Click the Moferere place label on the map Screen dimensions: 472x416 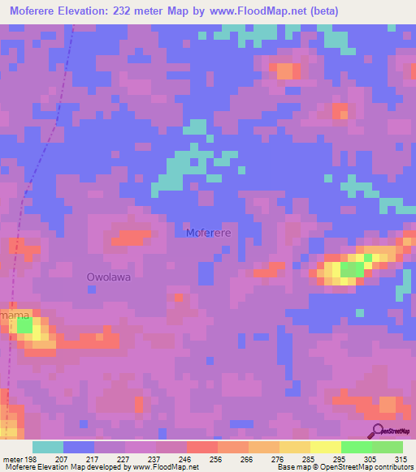point(209,233)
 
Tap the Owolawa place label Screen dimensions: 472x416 point(109,277)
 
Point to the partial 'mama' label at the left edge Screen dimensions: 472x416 point(15,314)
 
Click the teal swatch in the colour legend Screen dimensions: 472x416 point(48,447)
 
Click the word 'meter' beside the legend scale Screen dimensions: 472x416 point(13,458)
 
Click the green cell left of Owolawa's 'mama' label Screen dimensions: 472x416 point(25,327)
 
